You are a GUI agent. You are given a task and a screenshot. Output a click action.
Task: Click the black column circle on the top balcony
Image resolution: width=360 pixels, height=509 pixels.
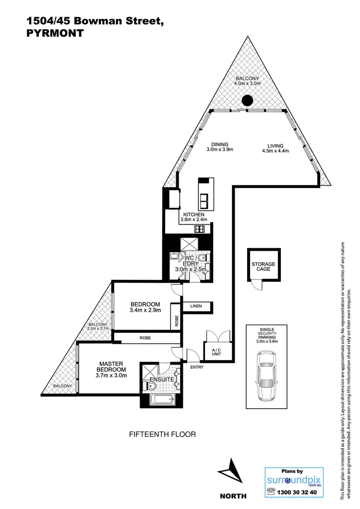tap(247, 100)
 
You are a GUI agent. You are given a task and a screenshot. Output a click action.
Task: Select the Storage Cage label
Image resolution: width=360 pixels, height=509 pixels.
tap(264, 267)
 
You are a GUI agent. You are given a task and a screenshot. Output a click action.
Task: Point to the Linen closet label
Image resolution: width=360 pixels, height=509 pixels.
tap(196, 306)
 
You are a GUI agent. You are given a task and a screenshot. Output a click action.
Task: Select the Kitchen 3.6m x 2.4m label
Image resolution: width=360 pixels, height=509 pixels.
tap(193, 217)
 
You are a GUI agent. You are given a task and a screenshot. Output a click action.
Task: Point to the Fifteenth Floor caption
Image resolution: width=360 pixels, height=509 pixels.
tap(163, 434)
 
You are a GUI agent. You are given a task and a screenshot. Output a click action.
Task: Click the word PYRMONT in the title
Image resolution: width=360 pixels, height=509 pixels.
tap(54, 34)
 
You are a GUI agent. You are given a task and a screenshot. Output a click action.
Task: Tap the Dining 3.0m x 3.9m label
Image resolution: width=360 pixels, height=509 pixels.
tap(219, 147)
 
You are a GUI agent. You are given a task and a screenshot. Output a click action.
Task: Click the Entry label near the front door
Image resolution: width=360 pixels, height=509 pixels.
tap(197, 367)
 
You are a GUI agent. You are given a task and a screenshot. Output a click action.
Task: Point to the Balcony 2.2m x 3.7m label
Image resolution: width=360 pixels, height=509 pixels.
tap(98, 327)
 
